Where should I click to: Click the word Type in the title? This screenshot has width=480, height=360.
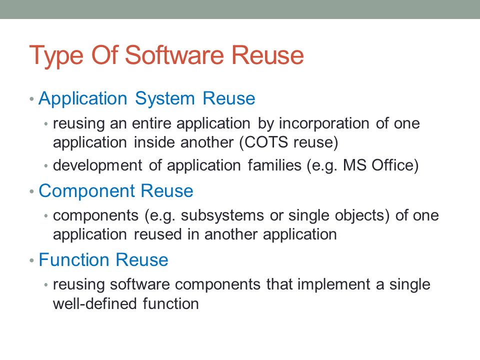tap(56, 55)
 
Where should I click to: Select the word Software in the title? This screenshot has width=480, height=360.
tap(174, 55)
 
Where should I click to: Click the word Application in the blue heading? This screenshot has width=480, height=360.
tap(82, 99)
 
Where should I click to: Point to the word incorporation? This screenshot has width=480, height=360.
tap(324, 124)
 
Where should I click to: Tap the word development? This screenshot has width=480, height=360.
tap(97, 166)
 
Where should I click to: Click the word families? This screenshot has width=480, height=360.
tap(274, 165)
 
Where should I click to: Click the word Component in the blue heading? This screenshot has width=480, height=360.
tap(86, 191)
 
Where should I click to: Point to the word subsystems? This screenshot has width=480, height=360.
tap(222, 215)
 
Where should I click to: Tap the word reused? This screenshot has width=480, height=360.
tap(158, 235)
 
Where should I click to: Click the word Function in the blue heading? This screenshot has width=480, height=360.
tap(74, 260)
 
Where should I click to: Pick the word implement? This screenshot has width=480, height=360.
tap(333, 285)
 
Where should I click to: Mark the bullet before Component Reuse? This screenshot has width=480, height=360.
tap(31, 192)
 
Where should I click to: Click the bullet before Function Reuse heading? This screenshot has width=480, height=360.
tap(31, 261)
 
